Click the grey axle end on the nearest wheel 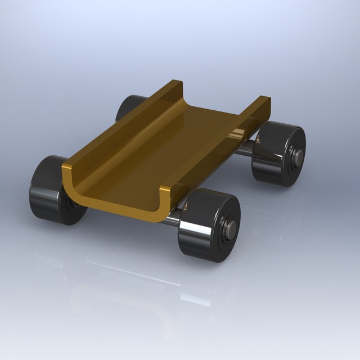click(231, 228)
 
